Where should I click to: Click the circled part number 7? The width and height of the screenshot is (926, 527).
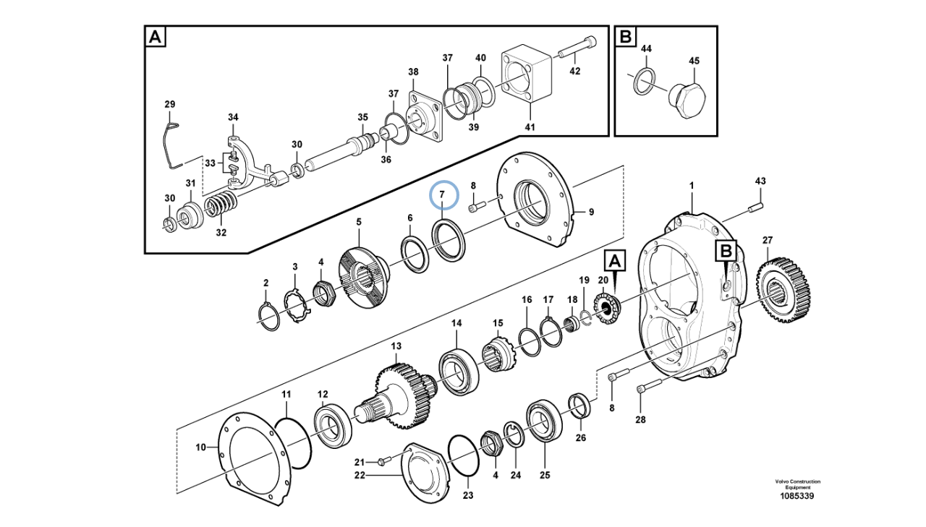tap(443, 195)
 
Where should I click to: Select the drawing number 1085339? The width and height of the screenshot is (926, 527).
tap(797, 496)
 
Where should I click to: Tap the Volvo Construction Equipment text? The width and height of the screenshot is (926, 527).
tap(797, 484)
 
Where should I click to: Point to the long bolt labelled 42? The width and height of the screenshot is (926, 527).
tap(576, 48)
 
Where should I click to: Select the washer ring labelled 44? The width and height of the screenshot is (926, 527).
tap(645, 80)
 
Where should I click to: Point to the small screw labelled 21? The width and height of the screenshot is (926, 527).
tap(383, 460)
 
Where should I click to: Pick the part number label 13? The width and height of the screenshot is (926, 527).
tap(396, 347)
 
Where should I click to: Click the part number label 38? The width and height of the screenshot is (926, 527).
tap(413, 72)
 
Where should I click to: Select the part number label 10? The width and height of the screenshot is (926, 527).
tap(200, 447)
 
